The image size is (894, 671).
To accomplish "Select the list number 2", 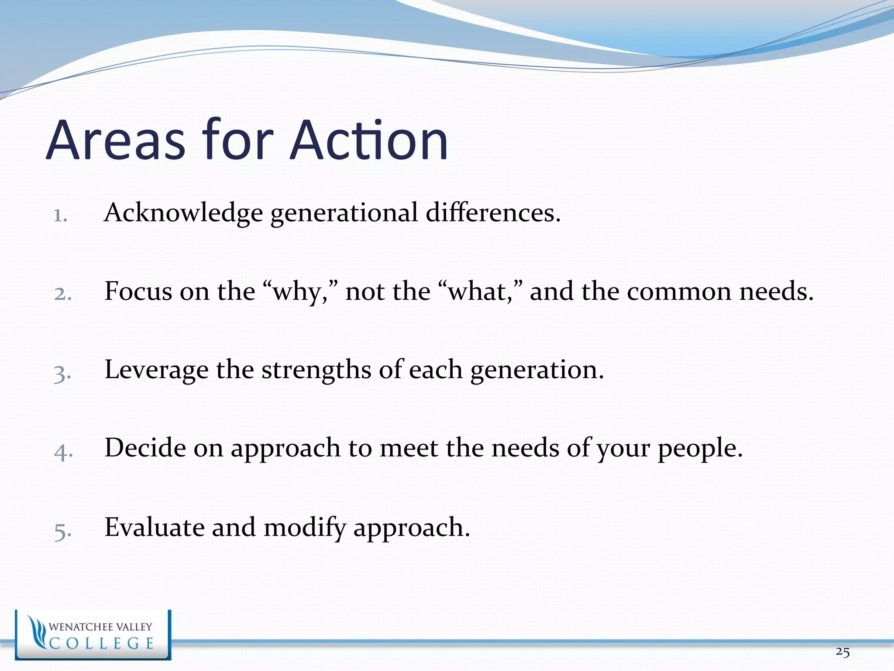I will click(x=62, y=293).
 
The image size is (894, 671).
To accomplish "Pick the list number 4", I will click(x=63, y=451).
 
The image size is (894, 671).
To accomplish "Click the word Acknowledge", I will click(x=183, y=213).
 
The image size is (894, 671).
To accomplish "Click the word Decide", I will click(x=145, y=448).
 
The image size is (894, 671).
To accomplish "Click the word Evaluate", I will click(x=155, y=527).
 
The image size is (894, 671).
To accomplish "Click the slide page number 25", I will click(x=842, y=652).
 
